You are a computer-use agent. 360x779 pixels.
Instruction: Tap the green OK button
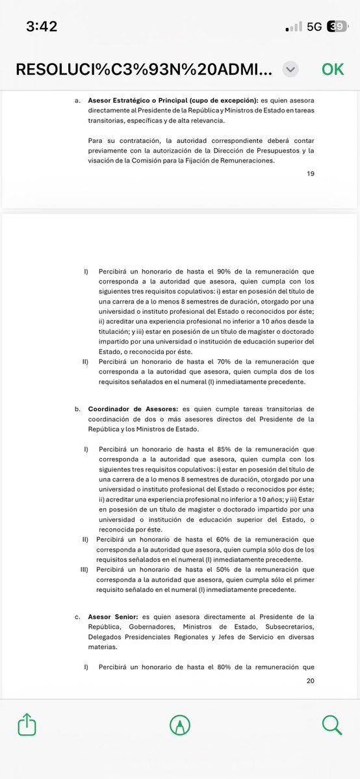tap(333, 69)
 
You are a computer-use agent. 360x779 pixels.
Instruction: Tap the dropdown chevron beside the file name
tap(291, 69)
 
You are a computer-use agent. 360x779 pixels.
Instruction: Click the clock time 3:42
tap(42, 27)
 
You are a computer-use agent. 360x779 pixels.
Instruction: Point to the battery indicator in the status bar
tap(337, 27)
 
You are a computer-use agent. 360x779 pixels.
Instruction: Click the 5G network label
tap(315, 27)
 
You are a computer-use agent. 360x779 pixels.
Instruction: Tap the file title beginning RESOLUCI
tap(144, 69)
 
